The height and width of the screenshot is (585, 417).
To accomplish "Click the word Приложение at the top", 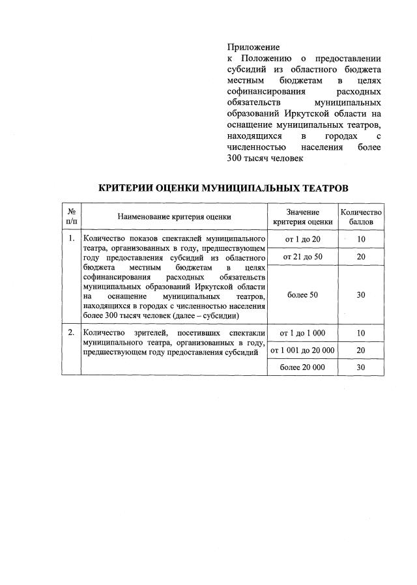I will coord(253,47).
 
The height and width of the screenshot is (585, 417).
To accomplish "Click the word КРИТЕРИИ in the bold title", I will coord(127,188).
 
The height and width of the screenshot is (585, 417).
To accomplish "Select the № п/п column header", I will coord(71,217).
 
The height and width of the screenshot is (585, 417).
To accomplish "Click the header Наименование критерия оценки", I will coord(174,218).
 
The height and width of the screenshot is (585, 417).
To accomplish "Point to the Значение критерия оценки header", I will coord(302,217).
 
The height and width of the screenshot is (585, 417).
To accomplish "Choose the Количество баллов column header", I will coord(360,217).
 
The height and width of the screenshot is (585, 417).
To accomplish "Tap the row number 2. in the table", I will coord(71,334).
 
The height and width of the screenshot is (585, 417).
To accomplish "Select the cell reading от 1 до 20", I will coord(302,240).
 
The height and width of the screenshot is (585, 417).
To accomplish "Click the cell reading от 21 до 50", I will coord(302,257).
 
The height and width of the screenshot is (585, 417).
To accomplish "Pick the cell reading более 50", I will coord(302,295).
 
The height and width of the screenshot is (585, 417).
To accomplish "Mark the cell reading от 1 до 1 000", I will coord(302,334).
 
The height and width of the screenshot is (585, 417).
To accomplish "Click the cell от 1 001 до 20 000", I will coord(302,350).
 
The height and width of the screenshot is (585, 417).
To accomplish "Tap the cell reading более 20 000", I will coord(302,367).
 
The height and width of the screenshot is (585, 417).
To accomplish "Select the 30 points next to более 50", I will coord(360,295).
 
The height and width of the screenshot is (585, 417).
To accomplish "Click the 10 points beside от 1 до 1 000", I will coord(360,334).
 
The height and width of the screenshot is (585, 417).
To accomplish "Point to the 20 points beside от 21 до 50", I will coord(360,257).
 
